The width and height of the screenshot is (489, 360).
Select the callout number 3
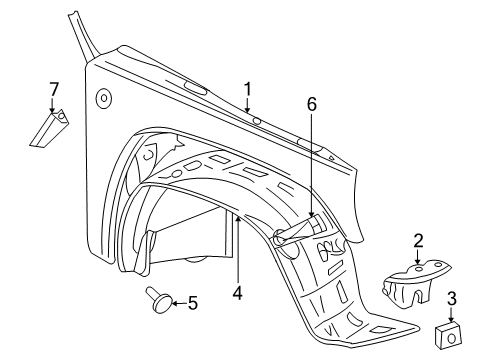(451, 297)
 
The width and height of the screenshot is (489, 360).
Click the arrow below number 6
(310, 230)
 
